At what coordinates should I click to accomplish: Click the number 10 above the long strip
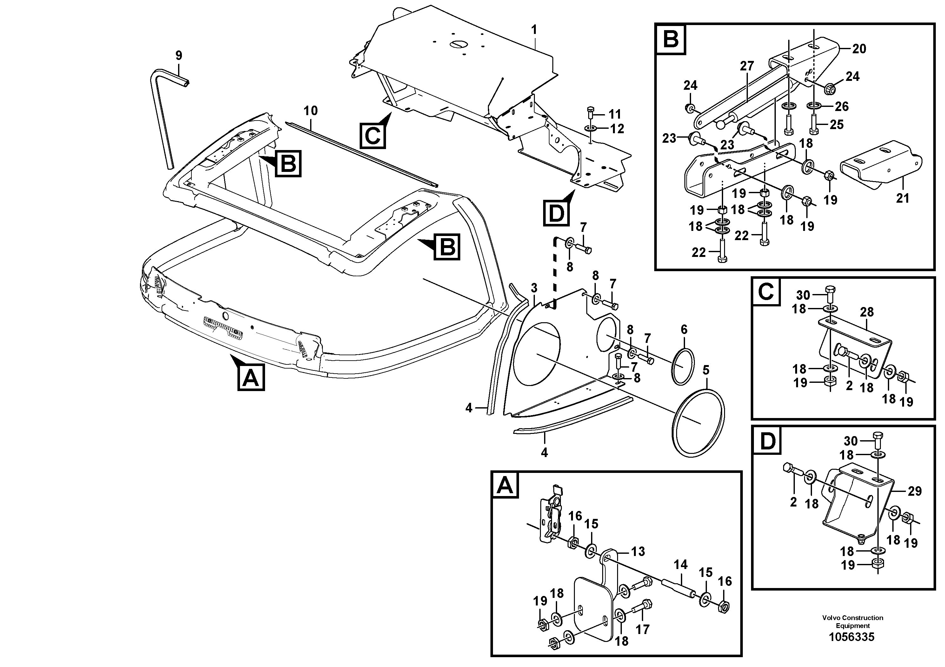(311, 111)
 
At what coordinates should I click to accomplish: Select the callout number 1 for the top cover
(534, 29)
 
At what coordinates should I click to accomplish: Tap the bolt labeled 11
(590, 113)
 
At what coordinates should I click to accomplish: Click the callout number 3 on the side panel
(534, 288)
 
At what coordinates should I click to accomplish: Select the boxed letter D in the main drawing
(556, 213)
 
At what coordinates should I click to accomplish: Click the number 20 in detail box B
(859, 49)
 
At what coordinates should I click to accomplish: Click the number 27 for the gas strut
(747, 66)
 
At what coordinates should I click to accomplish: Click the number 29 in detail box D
(915, 491)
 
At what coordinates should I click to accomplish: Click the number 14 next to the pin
(680, 565)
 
